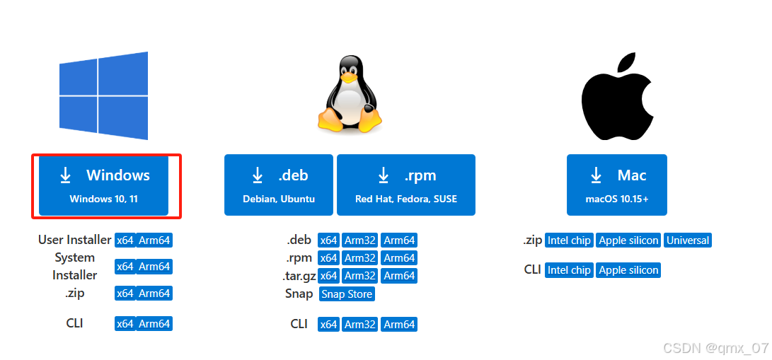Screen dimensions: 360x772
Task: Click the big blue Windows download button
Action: click(x=104, y=185)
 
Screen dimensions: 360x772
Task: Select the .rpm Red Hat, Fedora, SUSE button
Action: click(x=406, y=185)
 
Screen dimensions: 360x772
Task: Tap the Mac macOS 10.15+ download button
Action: click(x=617, y=185)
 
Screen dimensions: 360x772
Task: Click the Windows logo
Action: click(x=104, y=95)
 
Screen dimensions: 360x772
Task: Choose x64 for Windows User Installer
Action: click(x=125, y=240)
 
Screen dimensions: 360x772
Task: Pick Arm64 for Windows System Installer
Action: click(x=154, y=267)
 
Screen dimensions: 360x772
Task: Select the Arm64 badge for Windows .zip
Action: click(x=154, y=294)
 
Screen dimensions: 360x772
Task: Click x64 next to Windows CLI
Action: click(x=125, y=324)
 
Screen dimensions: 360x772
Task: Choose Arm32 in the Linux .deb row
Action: click(x=360, y=240)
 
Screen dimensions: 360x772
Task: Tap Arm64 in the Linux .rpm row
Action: click(x=399, y=258)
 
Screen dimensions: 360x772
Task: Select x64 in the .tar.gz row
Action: click(x=328, y=276)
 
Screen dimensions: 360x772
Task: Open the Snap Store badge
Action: click(x=347, y=294)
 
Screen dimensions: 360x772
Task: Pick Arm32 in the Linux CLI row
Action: click(x=360, y=325)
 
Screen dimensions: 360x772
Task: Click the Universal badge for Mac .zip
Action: click(x=688, y=240)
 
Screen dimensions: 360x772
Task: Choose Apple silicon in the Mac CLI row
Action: click(x=628, y=270)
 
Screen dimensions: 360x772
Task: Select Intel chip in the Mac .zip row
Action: click(x=569, y=240)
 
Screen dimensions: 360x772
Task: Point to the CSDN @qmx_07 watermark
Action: click(x=715, y=348)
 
